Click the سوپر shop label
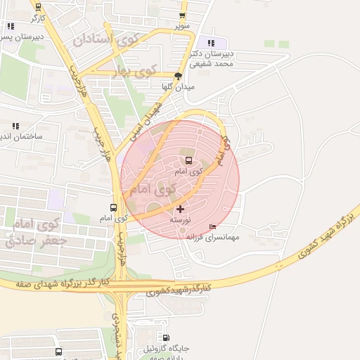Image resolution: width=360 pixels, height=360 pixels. click(x=183, y=26)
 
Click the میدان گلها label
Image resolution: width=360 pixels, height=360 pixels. click(x=177, y=86)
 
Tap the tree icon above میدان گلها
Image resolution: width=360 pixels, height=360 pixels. click(x=178, y=76)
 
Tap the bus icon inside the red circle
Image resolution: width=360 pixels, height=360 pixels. click(x=188, y=160)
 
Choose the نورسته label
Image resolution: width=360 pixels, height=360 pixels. click(x=179, y=220)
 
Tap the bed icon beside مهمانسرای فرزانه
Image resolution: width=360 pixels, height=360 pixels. click(x=213, y=227)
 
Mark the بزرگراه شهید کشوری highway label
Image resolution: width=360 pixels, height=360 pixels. click(x=321, y=238)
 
